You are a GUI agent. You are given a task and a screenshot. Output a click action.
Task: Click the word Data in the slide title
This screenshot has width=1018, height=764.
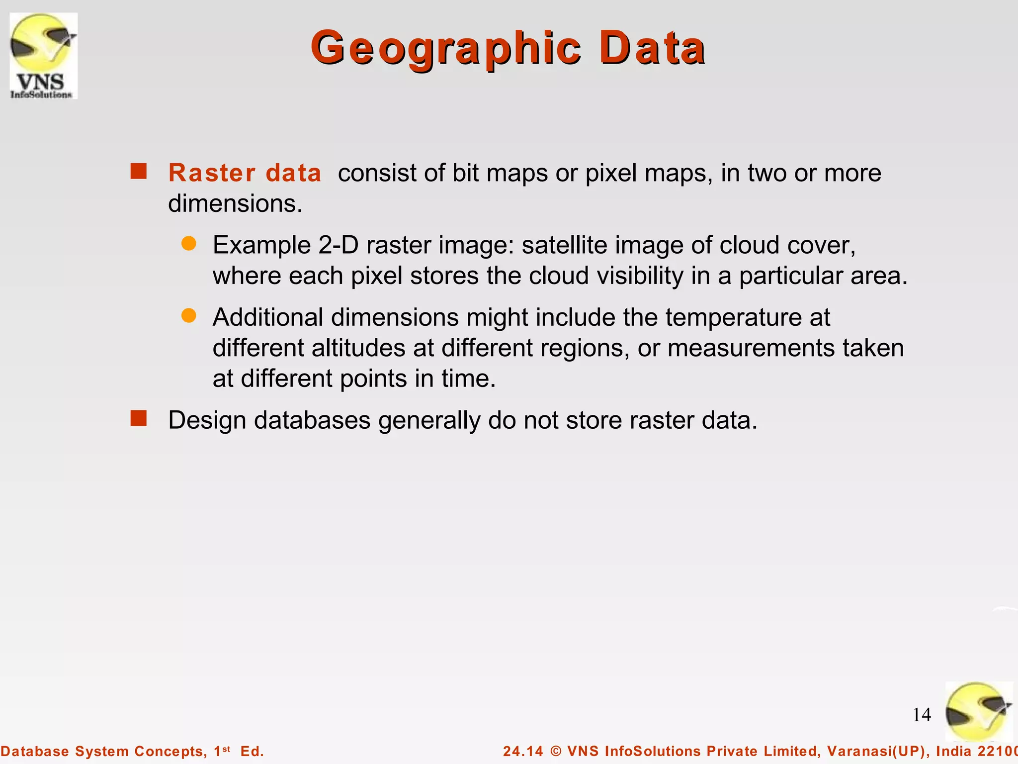(652, 48)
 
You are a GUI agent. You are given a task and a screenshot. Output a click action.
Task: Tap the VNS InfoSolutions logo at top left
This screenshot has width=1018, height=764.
(43, 56)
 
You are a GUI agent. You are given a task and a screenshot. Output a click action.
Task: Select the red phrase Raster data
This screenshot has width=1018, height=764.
(245, 173)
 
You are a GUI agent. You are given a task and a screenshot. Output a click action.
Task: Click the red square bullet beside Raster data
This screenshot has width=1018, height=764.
(139, 171)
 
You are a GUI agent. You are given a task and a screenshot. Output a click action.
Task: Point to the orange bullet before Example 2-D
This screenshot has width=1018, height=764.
(189, 243)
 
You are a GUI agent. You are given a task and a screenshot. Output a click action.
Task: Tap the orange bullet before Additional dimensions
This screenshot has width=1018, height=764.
(189, 315)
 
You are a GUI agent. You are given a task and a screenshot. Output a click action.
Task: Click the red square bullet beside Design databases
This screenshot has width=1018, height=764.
(139, 418)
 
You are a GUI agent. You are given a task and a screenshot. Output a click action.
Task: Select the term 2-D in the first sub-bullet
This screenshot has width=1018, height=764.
(339, 245)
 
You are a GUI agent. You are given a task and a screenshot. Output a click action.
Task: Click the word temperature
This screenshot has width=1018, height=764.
(734, 317)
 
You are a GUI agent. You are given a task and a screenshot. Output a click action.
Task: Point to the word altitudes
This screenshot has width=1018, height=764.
(358, 348)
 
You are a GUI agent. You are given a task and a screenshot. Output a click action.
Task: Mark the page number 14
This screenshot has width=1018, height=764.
(922, 715)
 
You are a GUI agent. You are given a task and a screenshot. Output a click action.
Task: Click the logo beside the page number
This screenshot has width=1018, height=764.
(978, 712)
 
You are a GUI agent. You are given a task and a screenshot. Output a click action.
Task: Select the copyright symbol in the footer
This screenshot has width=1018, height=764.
(556, 751)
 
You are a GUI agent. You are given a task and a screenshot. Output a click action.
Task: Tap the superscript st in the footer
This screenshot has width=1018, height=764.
(226, 749)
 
